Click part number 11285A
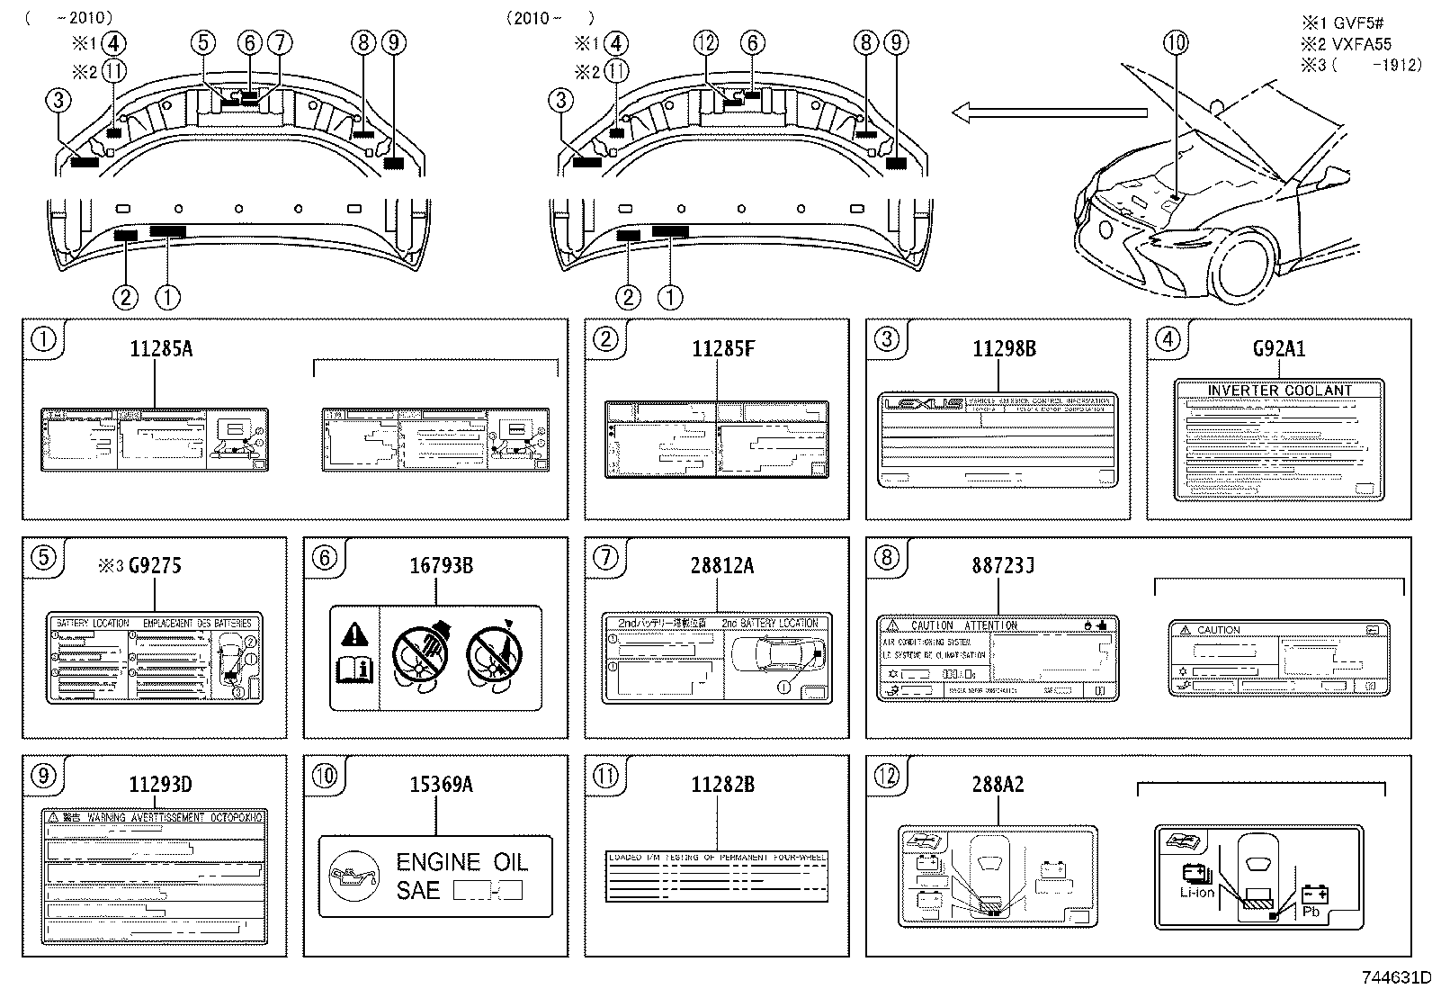click(x=161, y=348)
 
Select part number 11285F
click(x=722, y=348)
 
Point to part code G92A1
click(x=1278, y=348)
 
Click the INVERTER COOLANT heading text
click(x=1279, y=391)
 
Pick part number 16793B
click(x=441, y=565)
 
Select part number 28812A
click(x=722, y=565)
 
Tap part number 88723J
click(x=1003, y=565)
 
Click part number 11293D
click(x=160, y=784)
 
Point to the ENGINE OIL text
click(x=462, y=862)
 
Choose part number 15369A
click(x=441, y=784)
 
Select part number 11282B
click(x=722, y=784)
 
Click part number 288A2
click(x=998, y=784)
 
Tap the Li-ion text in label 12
click(x=1197, y=893)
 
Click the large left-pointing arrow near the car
click(x=1049, y=112)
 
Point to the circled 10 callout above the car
click(x=1175, y=41)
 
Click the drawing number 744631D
click(x=1394, y=977)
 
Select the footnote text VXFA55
click(x=1362, y=43)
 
